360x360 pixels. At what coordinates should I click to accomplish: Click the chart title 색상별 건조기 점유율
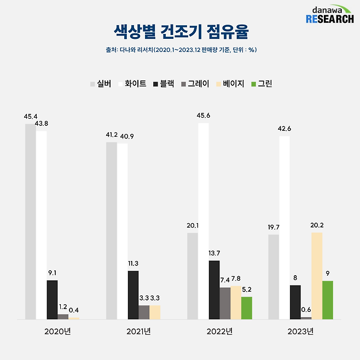coord(180,31)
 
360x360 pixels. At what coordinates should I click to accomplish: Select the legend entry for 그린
coord(261,84)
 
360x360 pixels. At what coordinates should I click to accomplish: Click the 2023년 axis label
coord(300,332)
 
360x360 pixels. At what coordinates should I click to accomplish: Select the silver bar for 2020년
coord(30,221)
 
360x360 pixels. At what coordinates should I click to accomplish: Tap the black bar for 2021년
coord(133,294)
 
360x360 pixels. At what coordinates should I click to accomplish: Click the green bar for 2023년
coord(327,300)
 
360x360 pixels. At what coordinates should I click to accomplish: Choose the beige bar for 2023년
coord(317,276)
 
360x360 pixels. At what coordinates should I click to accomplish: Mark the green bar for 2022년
coord(247,307)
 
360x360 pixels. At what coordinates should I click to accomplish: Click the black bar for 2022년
coord(214,289)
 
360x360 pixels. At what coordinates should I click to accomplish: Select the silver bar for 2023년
coord(274,277)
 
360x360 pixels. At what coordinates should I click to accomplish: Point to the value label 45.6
coord(204,115)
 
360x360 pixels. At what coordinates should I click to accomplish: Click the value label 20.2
coord(317,224)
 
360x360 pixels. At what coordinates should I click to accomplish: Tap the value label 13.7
coord(214,253)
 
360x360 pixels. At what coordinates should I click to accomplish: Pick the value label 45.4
coord(31,117)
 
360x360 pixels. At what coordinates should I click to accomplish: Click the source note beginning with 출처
coord(180,50)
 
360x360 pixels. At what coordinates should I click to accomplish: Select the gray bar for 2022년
coord(225,303)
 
